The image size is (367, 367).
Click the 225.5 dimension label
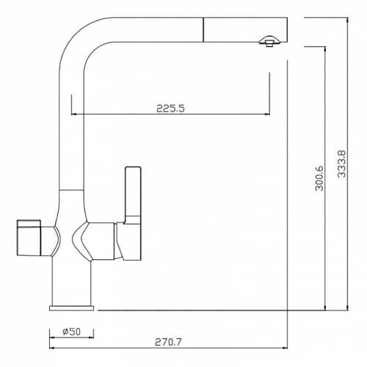pyautogui.click(x=170, y=108)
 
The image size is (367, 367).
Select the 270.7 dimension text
pyautogui.click(x=168, y=342)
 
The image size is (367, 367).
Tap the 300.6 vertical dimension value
pyautogui.click(x=319, y=178)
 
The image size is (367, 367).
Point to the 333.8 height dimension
pyautogui.click(x=341, y=164)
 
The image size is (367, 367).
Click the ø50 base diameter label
pyautogui.click(x=71, y=332)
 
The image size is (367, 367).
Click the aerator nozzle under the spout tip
pyautogui.click(x=269, y=41)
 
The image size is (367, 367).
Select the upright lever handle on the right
pyautogui.click(x=132, y=214)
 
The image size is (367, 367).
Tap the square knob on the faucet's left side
pyautogui.click(x=29, y=238)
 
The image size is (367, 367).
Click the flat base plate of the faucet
pyautogui.click(x=71, y=308)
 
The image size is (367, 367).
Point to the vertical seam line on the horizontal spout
pyautogui.click(x=203, y=29)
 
